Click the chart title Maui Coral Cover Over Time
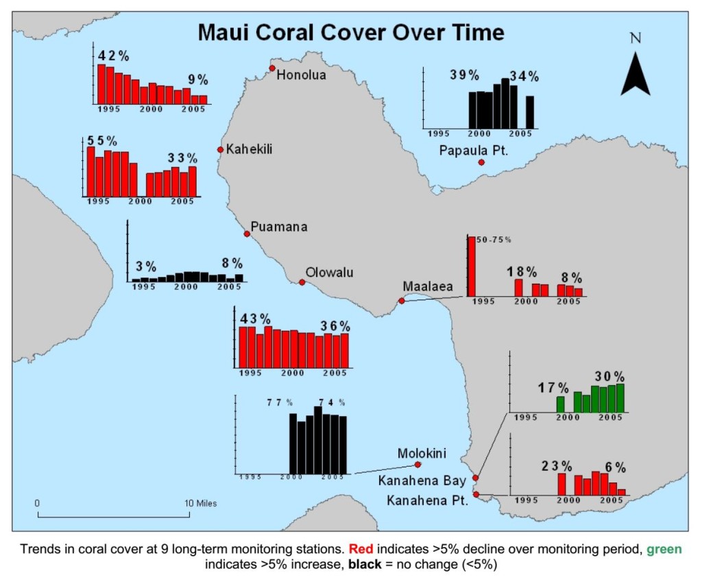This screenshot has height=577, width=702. (351, 33)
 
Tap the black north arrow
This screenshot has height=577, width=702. (636, 74)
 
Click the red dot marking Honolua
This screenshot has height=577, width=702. (272, 68)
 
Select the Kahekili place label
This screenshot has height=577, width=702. (249, 149)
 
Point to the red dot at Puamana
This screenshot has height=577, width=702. (247, 234)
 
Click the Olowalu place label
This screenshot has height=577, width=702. (329, 272)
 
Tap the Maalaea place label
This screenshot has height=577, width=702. (428, 286)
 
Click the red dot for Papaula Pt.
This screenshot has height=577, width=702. (481, 162)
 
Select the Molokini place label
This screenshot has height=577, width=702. (422, 454)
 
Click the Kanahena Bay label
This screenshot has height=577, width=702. (422, 481)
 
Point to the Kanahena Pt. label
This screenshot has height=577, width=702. (427, 500)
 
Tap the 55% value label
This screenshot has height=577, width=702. (102, 140)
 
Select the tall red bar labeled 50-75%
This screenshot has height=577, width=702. (472, 267)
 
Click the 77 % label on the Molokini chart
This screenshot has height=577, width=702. (280, 402)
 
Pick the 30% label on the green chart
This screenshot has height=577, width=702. (609, 376)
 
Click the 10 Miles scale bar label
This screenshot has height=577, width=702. (201, 503)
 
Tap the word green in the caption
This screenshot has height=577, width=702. (664, 549)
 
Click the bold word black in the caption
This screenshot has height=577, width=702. (365, 564)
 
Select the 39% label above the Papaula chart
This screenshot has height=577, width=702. (465, 75)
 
